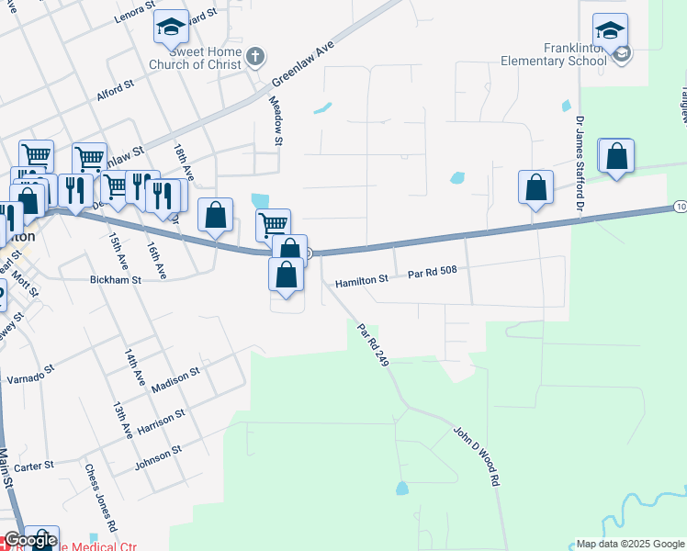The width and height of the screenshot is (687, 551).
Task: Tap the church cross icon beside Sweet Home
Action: tap(255, 57)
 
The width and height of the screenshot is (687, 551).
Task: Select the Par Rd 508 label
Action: tap(432, 273)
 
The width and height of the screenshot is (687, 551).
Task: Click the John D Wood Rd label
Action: tap(478, 455)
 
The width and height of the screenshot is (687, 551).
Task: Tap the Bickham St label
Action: tap(116, 278)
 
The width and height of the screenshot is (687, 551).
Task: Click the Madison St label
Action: tap(175, 380)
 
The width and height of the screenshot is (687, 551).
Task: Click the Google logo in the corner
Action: tap(29, 541)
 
